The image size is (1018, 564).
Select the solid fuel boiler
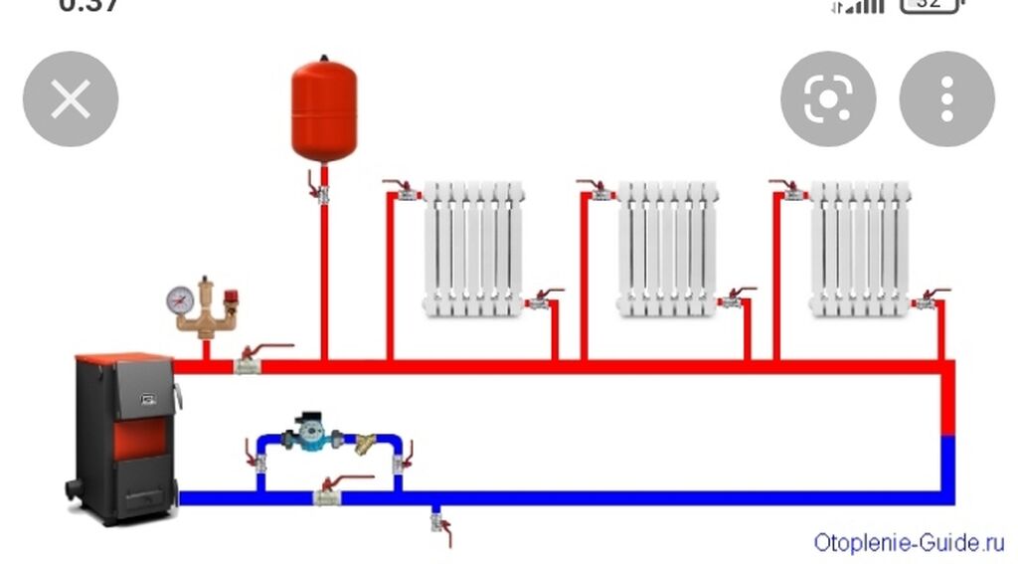click(125, 438)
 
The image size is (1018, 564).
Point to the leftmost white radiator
click(473, 249)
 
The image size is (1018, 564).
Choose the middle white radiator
click(667, 249)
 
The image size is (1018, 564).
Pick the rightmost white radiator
click(860, 249)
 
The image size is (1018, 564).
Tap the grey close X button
click(71, 99)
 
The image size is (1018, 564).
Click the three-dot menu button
click(946, 99)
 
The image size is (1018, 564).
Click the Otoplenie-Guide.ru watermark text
click(909, 542)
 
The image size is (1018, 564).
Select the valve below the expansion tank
click(323, 192)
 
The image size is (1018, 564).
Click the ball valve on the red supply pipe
click(249, 365)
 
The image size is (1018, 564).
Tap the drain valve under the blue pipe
click(437, 520)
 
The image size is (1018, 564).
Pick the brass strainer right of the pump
click(367, 442)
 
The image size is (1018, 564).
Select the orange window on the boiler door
click(136, 439)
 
